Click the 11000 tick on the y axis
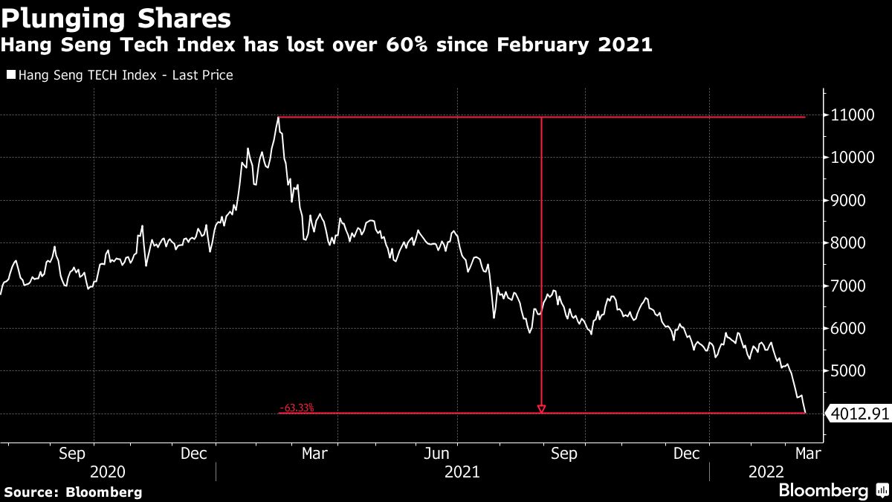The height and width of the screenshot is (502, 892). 854,115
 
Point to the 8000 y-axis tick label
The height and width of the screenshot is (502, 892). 852,243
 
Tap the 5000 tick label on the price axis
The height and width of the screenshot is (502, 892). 852,371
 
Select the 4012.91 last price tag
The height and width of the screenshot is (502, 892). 859,413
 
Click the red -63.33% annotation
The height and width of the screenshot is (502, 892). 297,408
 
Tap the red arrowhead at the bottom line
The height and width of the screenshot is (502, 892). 541,408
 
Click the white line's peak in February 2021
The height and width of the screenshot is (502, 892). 278,118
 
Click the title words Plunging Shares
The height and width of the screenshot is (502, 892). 116,16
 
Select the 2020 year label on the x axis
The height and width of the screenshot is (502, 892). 107,472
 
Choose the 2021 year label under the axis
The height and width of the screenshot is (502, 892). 462,472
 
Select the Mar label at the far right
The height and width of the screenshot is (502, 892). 807,452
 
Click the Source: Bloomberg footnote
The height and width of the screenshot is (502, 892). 73,492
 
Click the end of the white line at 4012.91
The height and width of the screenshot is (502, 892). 806,413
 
